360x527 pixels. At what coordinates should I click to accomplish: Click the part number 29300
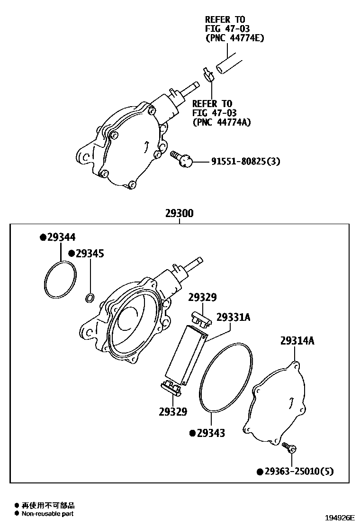coord(179,214)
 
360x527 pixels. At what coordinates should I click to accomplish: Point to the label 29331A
coord(233,317)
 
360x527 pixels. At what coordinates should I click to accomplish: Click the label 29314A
coord(297,341)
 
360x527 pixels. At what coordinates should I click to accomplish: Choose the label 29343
coord(211,433)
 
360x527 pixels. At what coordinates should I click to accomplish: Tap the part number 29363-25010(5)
coord(299,471)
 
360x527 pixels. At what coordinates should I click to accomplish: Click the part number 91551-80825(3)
coord(245,161)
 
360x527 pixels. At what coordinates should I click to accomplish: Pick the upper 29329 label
coord(202,298)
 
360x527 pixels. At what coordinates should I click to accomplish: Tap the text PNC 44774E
coord(234,38)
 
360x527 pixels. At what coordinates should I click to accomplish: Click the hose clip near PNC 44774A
coord(207,74)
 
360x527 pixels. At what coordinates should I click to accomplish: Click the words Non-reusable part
coord(47,513)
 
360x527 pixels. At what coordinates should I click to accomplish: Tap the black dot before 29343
coord(192,433)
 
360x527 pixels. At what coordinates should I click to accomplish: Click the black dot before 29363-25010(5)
coord(260,472)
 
